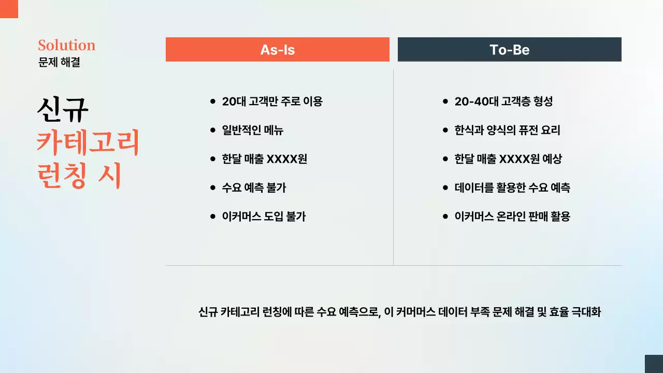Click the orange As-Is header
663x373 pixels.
tap(277, 50)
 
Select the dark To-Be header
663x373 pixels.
tap(509, 50)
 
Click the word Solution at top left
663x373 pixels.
tap(66, 45)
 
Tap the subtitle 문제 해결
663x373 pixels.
tap(59, 63)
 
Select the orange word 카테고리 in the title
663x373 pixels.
tap(88, 144)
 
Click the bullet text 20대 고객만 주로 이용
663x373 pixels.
tap(272, 102)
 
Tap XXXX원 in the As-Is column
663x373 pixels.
tap(286, 159)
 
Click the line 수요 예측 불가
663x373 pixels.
tap(254, 188)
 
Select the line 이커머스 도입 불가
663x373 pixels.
tap(264, 217)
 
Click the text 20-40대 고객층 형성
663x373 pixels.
tap(503, 102)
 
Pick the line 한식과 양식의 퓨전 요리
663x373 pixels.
tap(507, 130)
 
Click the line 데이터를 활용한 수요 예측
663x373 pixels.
tap(512, 188)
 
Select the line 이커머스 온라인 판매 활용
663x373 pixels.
tap(512, 217)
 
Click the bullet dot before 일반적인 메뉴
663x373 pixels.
tap(212, 131)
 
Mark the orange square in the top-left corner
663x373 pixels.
tap(9, 9)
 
